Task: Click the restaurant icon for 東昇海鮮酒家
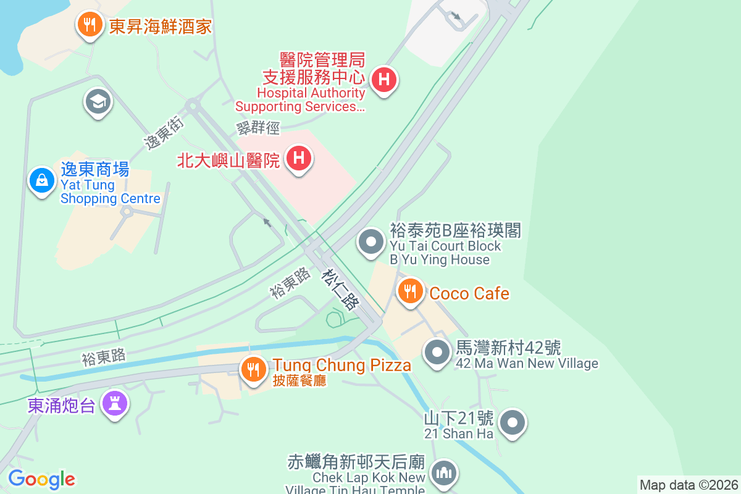(x=90, y=25)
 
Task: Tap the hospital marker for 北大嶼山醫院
(x=299, y=158)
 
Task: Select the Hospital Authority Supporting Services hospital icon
(x=384, y=80)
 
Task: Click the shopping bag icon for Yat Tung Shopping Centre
(x=42, y=180)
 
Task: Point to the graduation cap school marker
(x=98, y=101)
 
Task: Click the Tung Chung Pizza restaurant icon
(x=253, y=369)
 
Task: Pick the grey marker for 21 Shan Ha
(x=513, y=423)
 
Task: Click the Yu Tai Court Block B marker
(x=371, y=241)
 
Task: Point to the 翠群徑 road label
(x=258, y=128)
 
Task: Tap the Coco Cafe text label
(x=469, y=293)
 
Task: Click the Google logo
(x=41, y=479)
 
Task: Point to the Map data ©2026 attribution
(x=689, y=485)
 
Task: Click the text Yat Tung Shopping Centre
(x=110, y=192)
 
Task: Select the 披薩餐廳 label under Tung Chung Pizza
(x=299, y=380)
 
